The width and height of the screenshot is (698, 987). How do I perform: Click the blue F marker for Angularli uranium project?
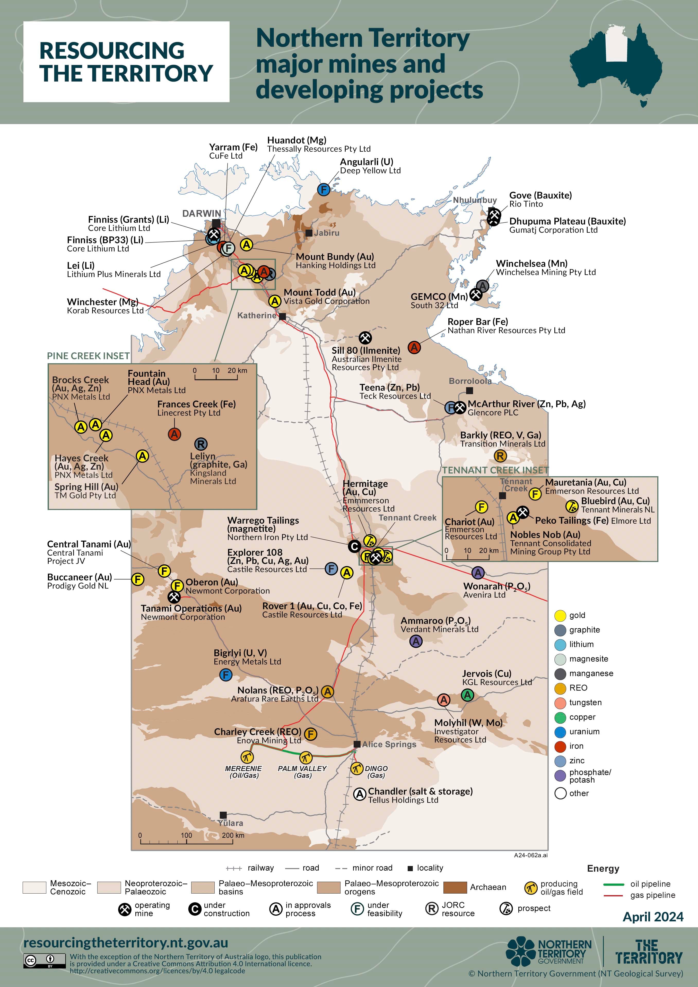324,189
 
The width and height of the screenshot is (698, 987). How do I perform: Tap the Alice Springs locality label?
389,744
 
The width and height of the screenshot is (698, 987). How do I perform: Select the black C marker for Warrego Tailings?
354,546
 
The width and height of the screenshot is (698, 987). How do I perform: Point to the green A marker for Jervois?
468,695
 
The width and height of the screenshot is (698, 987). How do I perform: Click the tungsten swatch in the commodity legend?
560,703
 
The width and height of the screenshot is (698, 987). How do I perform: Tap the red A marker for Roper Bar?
414,347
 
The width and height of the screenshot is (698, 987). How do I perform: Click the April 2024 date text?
653,917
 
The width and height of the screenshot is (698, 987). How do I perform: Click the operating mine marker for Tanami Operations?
174,597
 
